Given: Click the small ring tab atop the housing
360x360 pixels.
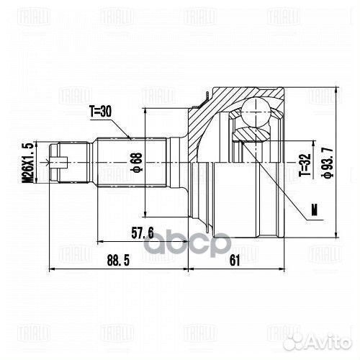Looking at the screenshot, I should coord(207,94).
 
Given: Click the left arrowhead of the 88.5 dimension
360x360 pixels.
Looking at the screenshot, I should coord(49,269).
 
